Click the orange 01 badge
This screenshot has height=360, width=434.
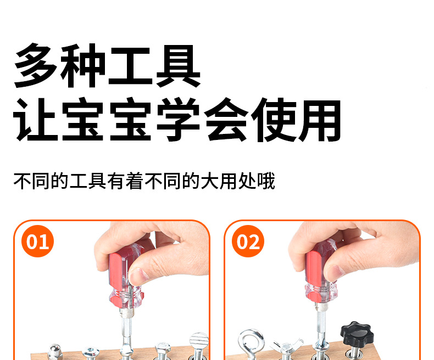pyautogui.click(x=38, y=241)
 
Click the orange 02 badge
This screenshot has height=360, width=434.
pyautogui.click(x=248, y=241)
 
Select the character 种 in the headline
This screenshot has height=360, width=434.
pyautogui.click(x=82, y=65)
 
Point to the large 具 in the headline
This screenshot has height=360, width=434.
pyautogui.click(x=178, y=66)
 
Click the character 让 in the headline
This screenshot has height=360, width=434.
pyautogui.click(x=36, y=120)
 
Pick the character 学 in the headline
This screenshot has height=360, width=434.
pyautogui.click(x=178, y=120)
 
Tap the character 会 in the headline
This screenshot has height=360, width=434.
pyautogui.click(x=226, y=120)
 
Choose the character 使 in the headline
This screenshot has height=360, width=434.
pyautogui.click(x=274, y=120)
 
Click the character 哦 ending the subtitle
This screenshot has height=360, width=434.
pyautogui.click(x=266, y=181)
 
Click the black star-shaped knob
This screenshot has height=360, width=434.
pyautogui.click(x=355, y=332)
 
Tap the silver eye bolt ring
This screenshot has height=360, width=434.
pyautogui.click(x=251, y=341)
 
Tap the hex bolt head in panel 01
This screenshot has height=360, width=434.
pyautogui.click(x=163, y=347)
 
